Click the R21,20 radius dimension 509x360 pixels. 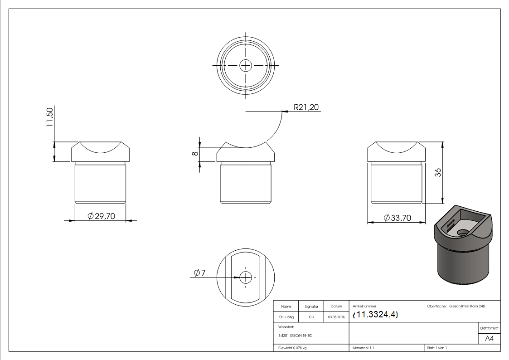tap(306, 107)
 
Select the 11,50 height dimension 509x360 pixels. tap(49, 117)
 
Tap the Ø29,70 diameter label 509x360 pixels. tap(101, 216)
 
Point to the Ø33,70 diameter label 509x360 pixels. tap(398, 218)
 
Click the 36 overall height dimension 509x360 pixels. tap(438, 172)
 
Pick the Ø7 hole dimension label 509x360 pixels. tap(199, 272)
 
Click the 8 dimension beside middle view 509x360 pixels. tap(195, 154)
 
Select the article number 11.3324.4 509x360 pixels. tap(375, 315)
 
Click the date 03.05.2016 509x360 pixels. tap(336, 317)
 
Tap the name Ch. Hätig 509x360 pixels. tap(286, 317)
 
